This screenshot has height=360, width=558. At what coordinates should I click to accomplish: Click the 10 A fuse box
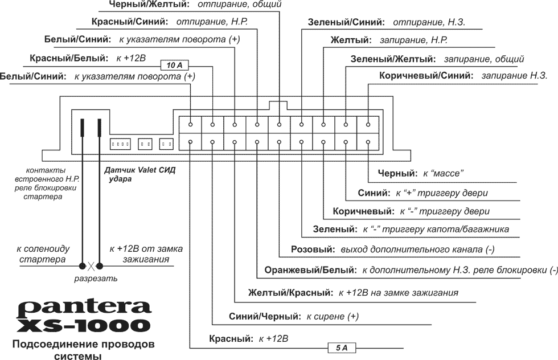(174, 65)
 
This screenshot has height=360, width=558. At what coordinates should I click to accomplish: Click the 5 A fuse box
(341, 346)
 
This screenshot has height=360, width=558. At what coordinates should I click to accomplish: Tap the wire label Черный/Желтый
(148, 5)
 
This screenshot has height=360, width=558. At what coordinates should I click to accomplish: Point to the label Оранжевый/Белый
(307, 269)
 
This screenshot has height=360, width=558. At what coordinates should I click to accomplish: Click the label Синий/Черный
(264, 316)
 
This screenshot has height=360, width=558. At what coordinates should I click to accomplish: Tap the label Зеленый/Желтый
(393, 59)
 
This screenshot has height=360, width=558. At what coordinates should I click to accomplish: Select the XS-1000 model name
(84, 325)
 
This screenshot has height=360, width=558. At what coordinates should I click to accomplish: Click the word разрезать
(96, 279)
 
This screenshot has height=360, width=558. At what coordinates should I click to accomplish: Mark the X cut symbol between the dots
(91, 265)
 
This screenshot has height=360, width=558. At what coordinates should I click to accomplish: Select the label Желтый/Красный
(290, 293)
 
